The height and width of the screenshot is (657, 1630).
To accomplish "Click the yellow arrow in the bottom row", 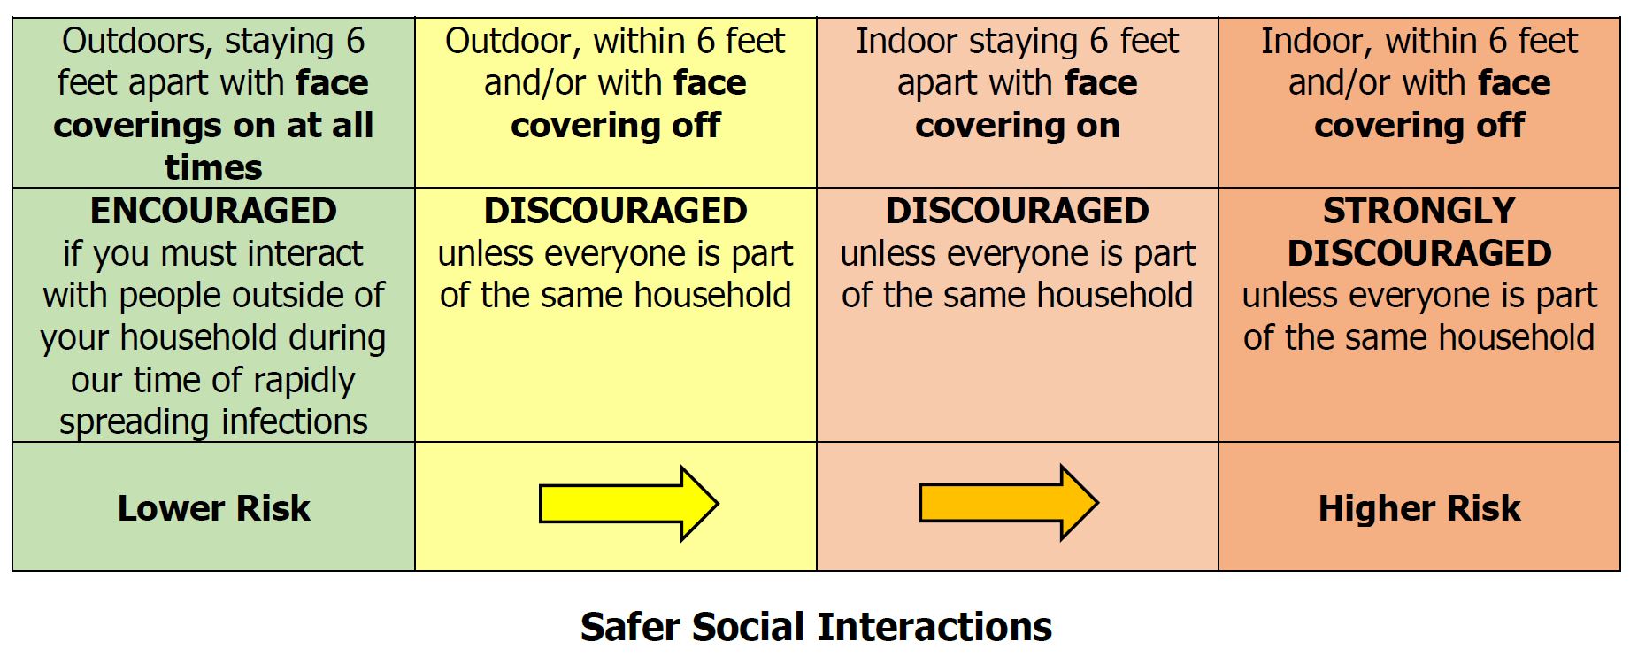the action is (x=628, y=504).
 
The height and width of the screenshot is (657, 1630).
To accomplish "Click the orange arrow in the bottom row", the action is (x=1009, y=503).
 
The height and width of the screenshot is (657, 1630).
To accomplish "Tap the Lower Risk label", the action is (x=214, y=508).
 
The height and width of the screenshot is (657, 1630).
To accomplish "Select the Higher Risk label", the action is (x=1419, y=508).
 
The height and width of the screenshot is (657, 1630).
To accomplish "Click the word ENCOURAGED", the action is (x=213, y=211).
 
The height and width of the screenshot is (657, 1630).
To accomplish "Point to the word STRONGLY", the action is (x=1419, y=211).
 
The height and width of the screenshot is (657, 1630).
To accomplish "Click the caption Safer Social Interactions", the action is (x=816, y=627).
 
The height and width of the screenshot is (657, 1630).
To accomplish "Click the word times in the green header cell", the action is (x=213, y=167).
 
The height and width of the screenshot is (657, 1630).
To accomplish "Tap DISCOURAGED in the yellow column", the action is (x=615, y=211).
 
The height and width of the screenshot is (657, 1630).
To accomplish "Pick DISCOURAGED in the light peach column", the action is (x=1018, y=211).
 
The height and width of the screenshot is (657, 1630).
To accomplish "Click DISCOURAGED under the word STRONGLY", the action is (x=1419, y=253).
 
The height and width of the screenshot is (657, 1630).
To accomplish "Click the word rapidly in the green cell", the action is (x=304, y=381).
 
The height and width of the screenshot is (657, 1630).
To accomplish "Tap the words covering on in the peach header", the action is (x=1018, y=126).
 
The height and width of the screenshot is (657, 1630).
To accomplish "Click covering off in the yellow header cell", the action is (x=616, y=126).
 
